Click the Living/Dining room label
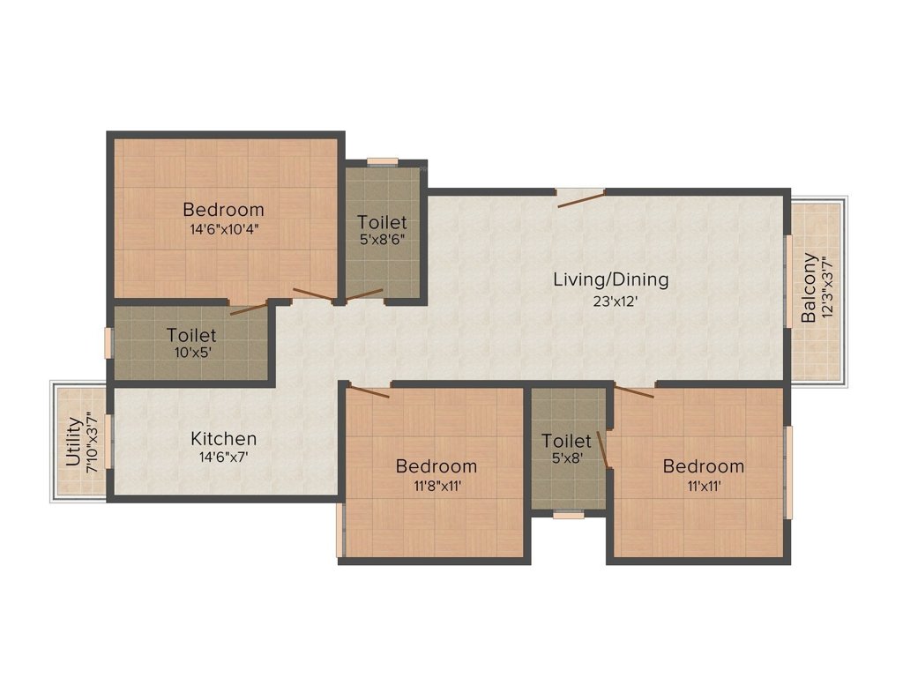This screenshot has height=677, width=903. (x=610, y=279)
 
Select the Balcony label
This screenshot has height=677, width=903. (x=808, y=289)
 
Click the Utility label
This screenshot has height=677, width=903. (x=73, y=442)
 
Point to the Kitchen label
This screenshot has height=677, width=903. (x=224, y=438)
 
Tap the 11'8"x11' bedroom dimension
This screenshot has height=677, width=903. (x=436, y=485)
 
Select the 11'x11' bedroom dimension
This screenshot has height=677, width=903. (x=703, y=485)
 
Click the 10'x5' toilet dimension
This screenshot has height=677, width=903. (x=191, y=353)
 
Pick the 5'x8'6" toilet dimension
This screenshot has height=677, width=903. (x=381, y=240)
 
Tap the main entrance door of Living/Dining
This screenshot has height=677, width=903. (x=580, y=198)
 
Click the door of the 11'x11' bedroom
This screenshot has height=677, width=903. (x=635, y=391)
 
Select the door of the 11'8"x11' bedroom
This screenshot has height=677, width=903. (x=369, y=391)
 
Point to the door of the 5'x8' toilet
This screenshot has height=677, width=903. (x=603, y=448)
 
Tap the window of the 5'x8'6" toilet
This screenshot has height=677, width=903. (x=383, y=161)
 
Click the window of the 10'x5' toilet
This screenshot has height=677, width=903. (x=108, y=343)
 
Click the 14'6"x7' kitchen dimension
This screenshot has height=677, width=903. (x=224, y=458)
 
